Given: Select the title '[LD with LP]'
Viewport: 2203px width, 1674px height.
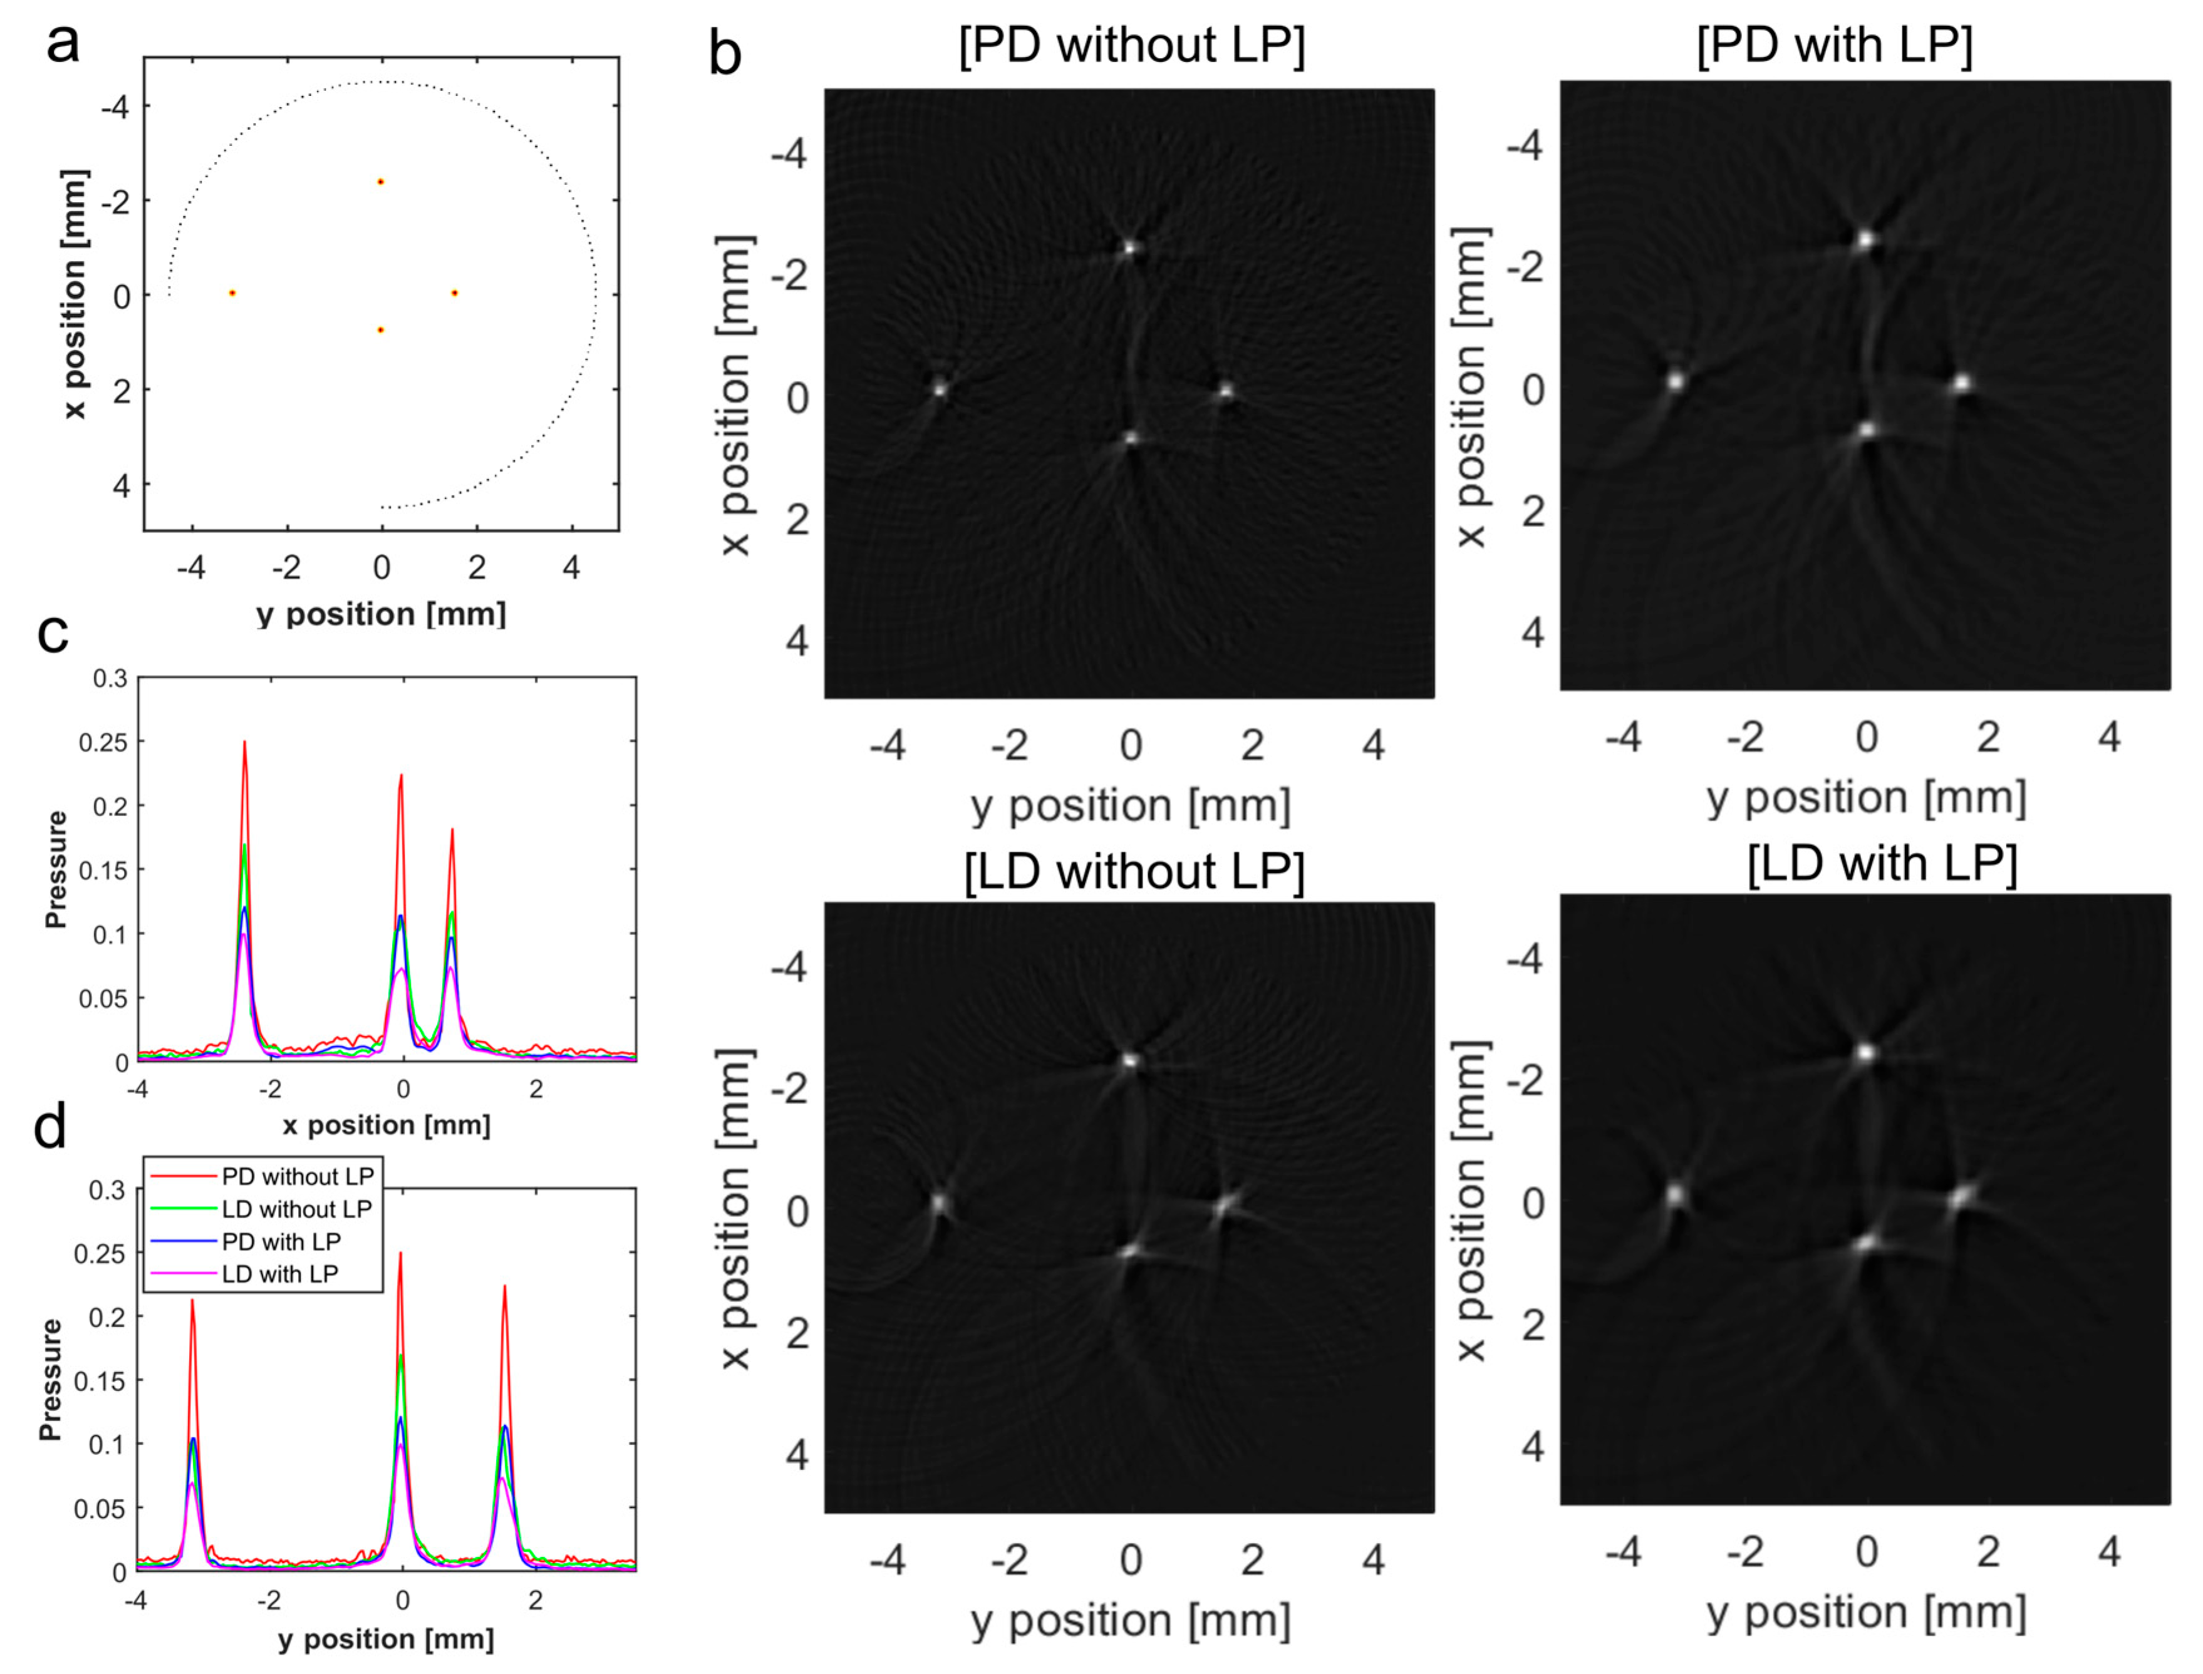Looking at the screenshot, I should coord(1882,863).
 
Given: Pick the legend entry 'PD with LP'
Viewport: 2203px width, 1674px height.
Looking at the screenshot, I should coord(281,1241).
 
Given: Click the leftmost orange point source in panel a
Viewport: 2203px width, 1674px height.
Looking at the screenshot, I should coord(232,293).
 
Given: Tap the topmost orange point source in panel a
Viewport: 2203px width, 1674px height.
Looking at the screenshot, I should coord(381,182).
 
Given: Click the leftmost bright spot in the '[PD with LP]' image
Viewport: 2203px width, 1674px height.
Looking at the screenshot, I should coord(1676,381).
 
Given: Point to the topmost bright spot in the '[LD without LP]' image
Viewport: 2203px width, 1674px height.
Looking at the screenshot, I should coord(1130,1060).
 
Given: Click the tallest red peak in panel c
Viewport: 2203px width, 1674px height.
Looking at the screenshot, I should coord(244,742).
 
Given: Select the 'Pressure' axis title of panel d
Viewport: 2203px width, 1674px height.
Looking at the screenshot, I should coord(50,1380).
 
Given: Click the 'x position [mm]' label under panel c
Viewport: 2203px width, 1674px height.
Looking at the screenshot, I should coord(386,1125).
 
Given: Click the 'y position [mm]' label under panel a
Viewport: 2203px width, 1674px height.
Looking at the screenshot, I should coord(381,614).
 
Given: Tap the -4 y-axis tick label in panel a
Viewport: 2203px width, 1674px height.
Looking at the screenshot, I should coord(116,106).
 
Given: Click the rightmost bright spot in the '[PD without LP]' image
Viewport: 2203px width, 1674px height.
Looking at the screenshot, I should coord(1226,391).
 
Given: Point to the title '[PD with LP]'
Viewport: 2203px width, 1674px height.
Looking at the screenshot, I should coord(1834,46).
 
